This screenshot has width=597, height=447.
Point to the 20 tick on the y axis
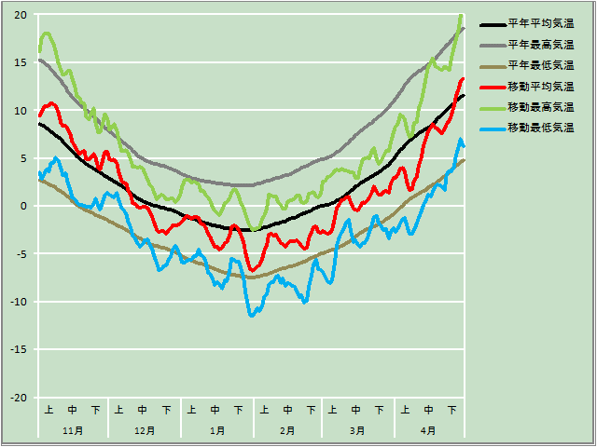[20, 15]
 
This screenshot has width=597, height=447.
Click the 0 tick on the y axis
[25, 206]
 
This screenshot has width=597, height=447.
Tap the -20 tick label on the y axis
[18, 398]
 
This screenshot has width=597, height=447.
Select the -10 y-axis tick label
[18, 302]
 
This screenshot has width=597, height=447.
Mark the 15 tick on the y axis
[20, 62]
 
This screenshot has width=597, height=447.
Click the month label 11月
[73, 430]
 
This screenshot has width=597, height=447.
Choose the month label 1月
[216, 430]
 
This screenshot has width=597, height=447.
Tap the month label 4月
[428, 430]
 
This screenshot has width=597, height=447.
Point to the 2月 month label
[287, 430]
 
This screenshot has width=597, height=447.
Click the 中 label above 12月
[143, 409]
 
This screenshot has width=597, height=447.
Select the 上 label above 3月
[333, 409]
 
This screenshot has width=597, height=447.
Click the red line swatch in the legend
[492, 87]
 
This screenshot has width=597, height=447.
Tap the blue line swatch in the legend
[492, 128]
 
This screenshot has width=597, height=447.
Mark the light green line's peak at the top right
[461, 16]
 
